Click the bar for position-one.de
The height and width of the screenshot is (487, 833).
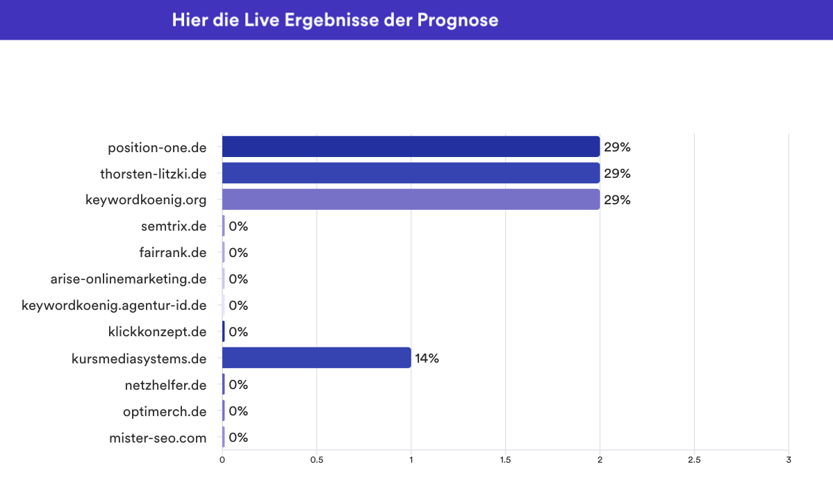click(411, 147)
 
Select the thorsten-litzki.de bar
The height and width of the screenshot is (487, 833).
click(411, 173)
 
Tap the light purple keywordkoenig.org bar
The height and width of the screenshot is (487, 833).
click(411, 199)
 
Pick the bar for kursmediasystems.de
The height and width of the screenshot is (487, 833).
click(316, 358)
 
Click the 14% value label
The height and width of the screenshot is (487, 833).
click(427, 358)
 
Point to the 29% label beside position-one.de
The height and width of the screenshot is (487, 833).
click(617, 147)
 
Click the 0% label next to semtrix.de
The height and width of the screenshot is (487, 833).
click(238, 226)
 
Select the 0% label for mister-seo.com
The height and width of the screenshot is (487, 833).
click(238, 438)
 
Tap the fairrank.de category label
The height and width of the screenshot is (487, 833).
click(172, 253)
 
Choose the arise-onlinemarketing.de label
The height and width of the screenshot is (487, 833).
click(129, 279)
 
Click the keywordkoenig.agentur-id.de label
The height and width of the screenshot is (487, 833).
click(114, 306)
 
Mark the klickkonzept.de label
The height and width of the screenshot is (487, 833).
click(158, 332)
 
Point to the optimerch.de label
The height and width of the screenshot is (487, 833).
click(165, 411)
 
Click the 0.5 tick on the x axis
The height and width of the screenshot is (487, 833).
click(317, 460)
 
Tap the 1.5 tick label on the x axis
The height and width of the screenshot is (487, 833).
click(505, 460)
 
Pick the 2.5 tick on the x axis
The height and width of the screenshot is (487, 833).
click(694, 460)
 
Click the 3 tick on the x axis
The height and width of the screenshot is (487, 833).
click(789, 460)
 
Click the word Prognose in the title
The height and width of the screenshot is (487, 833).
click(457, 20)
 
